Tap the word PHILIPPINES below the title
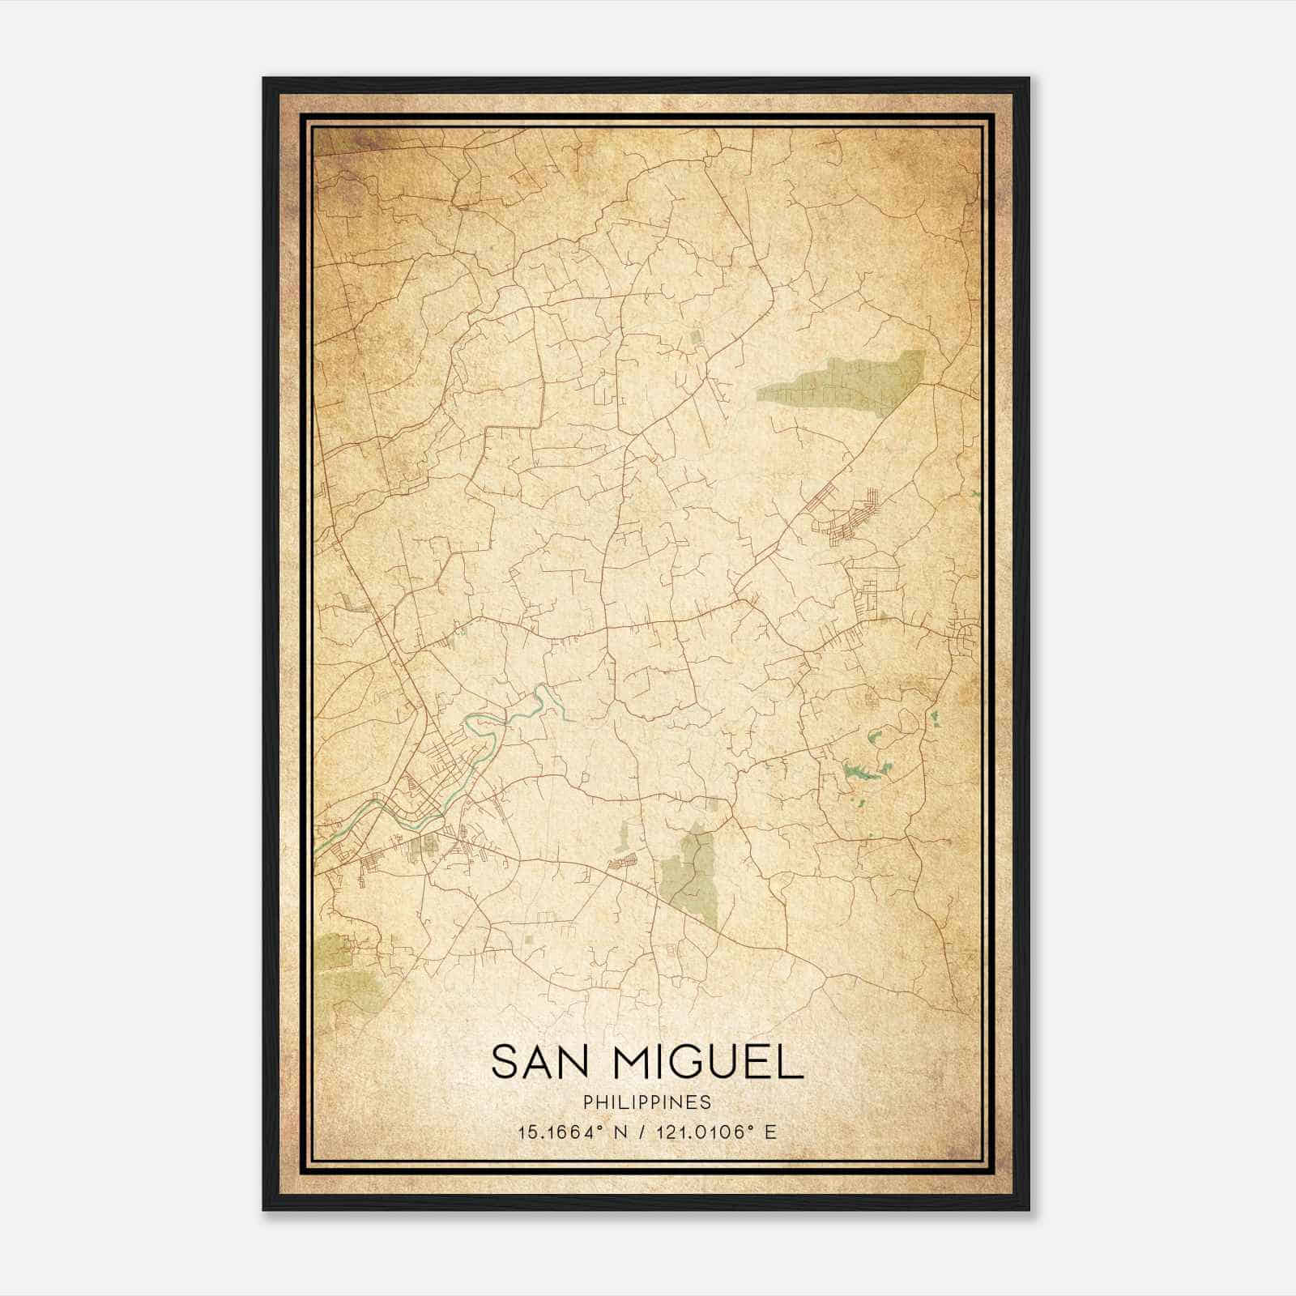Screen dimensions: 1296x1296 coord(646,1102)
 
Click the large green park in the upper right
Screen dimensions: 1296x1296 coord(842,381)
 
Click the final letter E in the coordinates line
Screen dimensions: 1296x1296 coord(771,1132)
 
